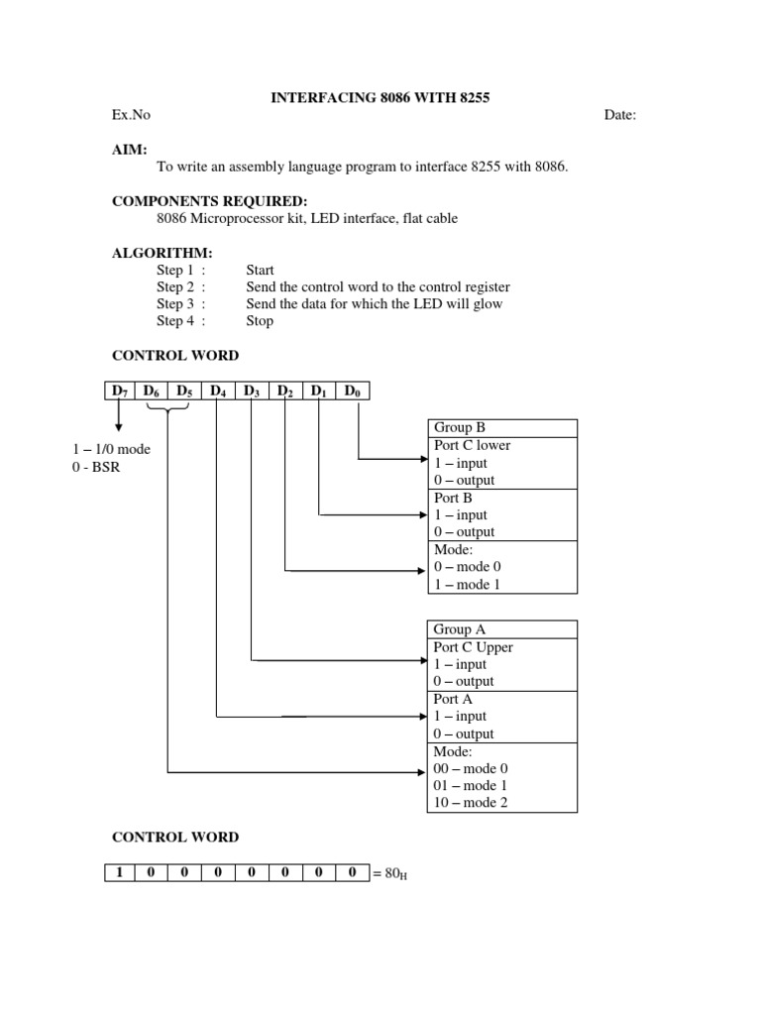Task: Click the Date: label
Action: coord(620,115)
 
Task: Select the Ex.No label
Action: coord(131,115)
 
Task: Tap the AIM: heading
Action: coord(130,149)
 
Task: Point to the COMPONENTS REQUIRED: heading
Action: coord(202,201)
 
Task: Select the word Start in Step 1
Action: coord(260,270)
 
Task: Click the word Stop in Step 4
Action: coord(260,321)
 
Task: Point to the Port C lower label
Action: coord(472,445)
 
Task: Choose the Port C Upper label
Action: coord(473,647)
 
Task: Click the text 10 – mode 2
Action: coord(471,803)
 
